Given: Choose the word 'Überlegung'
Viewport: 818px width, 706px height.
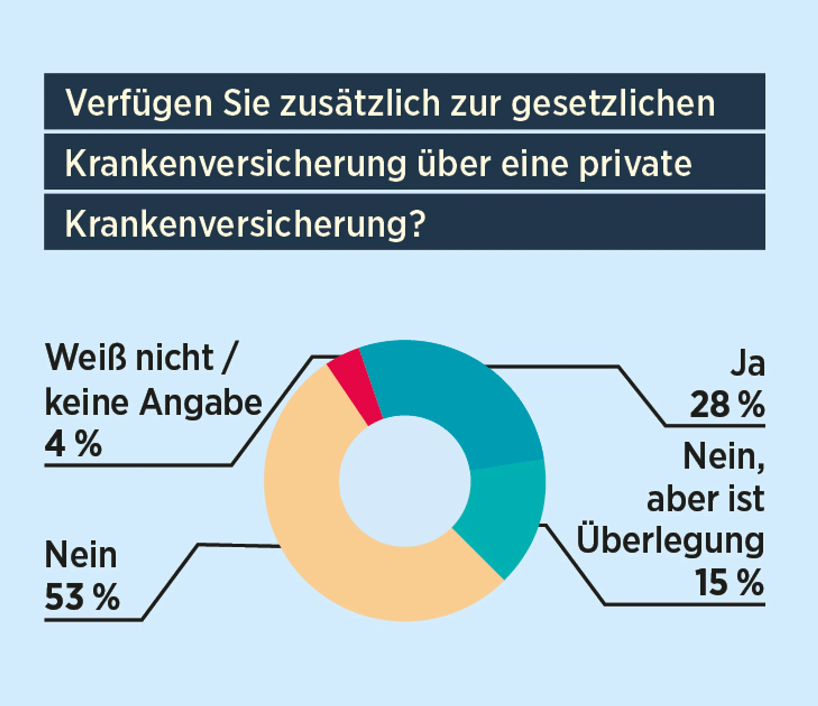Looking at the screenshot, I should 670,540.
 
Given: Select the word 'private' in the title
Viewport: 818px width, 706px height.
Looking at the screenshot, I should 635,164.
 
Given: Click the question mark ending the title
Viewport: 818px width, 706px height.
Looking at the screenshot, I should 417,224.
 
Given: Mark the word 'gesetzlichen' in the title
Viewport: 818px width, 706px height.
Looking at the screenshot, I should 613,103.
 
